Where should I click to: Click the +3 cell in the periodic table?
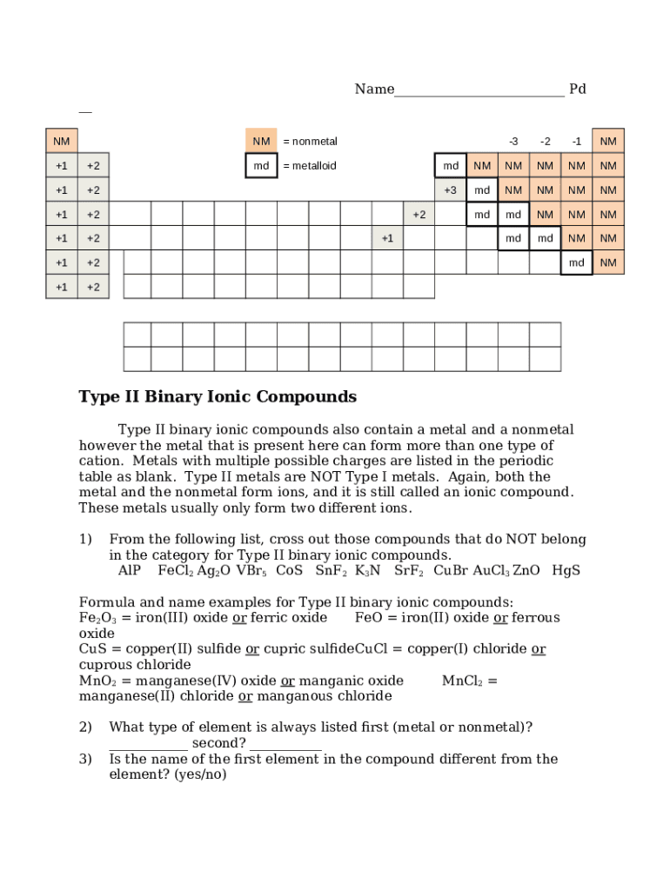point(450,190)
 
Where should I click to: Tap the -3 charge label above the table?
point(513,142)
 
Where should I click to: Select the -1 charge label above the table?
point(576,142)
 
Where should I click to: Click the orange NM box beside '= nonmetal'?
point(261,142)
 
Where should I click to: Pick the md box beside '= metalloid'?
point(261,166)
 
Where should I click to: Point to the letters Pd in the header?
point(577,90)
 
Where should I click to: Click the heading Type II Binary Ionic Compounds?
point(218,397)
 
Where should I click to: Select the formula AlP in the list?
point(130,571)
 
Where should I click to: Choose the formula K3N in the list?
point(367,571)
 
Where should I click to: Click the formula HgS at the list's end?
point(566,571)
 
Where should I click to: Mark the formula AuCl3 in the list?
point(491,571)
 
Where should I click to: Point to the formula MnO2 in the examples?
point(98,681)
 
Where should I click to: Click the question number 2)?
point(85,727)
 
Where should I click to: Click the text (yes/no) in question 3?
point(200,774)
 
